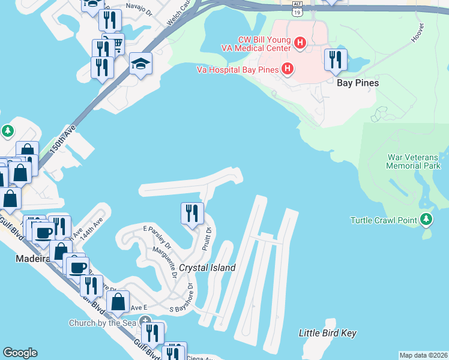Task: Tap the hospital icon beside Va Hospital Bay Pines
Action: pos(288,70)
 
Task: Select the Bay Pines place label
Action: pos(358,83)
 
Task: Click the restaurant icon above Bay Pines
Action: pos(335,60)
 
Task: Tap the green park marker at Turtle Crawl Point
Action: pos(426,220)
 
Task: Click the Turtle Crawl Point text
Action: pos(383,220)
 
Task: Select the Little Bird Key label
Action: pos(328,332)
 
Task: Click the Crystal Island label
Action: pos(207,268)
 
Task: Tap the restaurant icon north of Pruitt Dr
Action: pos(192,214)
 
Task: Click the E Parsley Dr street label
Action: pos(157,237)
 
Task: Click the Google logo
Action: pos(20,353)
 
